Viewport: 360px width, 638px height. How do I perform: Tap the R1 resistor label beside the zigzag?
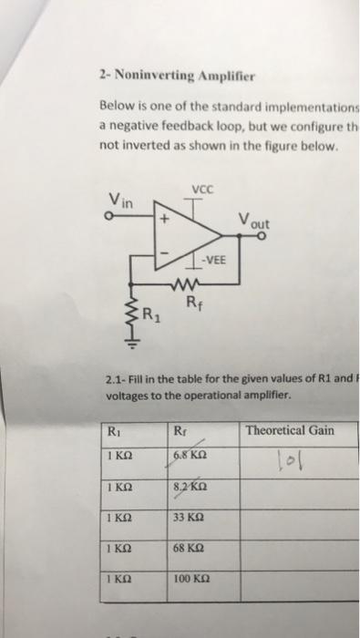pos(152,316)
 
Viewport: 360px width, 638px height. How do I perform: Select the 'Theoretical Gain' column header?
pos(290,430)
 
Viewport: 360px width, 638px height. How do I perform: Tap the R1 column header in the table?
pos(113,431)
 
